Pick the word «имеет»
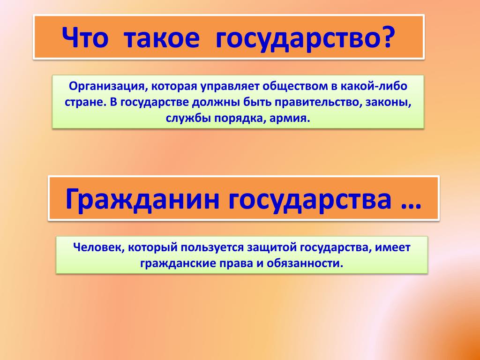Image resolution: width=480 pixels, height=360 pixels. (392, 247)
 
